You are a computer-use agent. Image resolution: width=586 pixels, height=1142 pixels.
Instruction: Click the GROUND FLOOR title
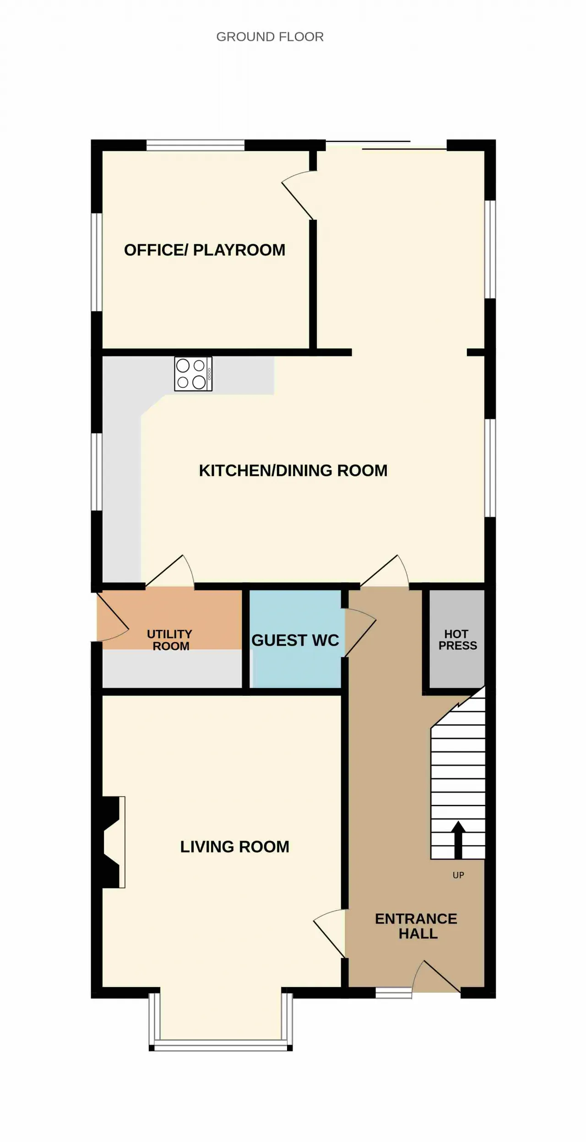(270, 37)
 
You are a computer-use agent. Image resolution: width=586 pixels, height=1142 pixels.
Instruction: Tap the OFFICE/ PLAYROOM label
(205, 250)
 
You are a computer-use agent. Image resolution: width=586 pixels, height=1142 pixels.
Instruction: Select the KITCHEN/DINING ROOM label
(293, 470)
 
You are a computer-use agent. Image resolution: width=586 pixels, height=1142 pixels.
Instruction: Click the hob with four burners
(193, 374)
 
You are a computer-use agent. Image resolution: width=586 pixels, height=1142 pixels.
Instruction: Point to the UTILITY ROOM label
(170, 640)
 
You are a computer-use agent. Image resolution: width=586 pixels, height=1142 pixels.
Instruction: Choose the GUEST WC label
(295, 640)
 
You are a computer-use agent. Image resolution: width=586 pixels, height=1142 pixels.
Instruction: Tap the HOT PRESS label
(457, 639)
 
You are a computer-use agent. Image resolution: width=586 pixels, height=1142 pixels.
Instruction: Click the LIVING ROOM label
(235, 847)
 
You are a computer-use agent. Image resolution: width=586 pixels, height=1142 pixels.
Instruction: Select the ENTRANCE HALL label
(416, 926)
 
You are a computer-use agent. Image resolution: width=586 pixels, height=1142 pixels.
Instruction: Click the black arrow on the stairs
(458, 840)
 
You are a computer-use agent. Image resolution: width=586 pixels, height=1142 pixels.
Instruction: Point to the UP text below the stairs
(458, 875)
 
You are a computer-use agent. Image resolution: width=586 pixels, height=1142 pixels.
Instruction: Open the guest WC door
(360, 632)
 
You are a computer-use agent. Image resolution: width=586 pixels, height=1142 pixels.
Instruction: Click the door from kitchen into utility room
(170, 571)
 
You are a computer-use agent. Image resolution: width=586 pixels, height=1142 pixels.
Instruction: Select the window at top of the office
(195, 145)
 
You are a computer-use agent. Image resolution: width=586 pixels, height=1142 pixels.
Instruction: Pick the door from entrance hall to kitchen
(385, 571)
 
